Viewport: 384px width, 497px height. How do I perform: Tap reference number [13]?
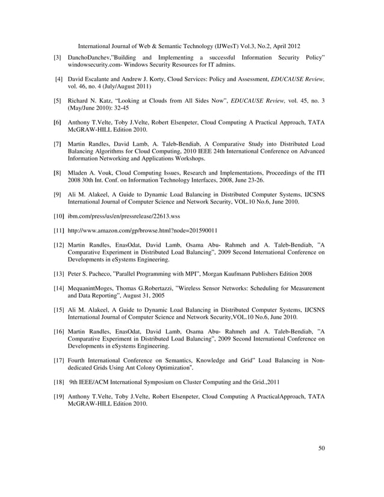[x=58, y=273]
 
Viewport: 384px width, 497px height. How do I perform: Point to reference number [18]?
[x=58, y=381]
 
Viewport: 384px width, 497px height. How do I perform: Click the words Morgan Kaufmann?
[x=220, y=273]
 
